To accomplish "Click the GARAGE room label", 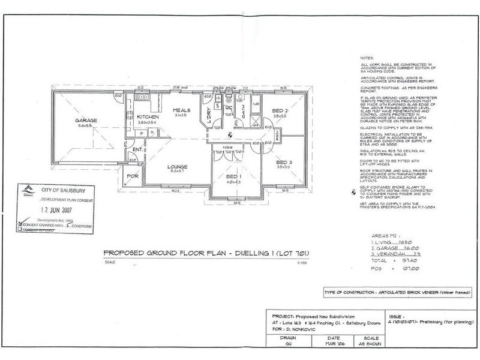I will tap(86, 119).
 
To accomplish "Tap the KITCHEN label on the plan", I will tap(146, 117).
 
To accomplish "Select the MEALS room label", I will tap(182, 109).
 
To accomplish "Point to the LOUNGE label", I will tap(178, 166).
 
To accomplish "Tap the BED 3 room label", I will tap(283, 162).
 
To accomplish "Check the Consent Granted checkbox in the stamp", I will tap(21, 226).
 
